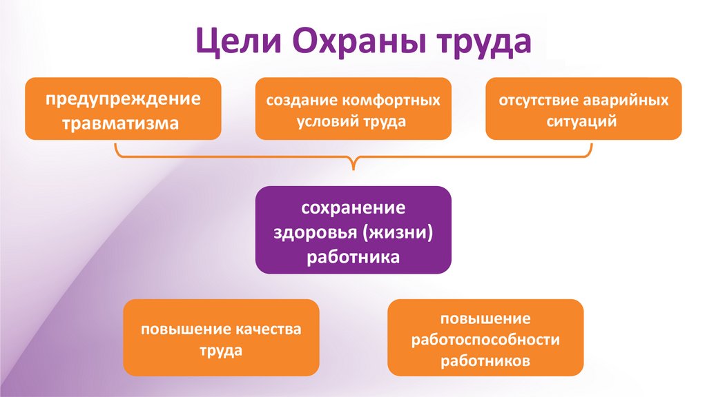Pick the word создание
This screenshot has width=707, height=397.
point(300,100)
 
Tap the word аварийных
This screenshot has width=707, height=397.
point(627,100)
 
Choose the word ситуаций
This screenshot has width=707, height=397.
point(583,121)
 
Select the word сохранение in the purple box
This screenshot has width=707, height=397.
point(353,207)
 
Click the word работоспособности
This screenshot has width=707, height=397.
point(485,339)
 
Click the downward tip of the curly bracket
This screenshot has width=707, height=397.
point(354,168)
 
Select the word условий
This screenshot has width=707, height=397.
point(326,121)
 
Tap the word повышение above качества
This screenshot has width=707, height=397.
point(180,329)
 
